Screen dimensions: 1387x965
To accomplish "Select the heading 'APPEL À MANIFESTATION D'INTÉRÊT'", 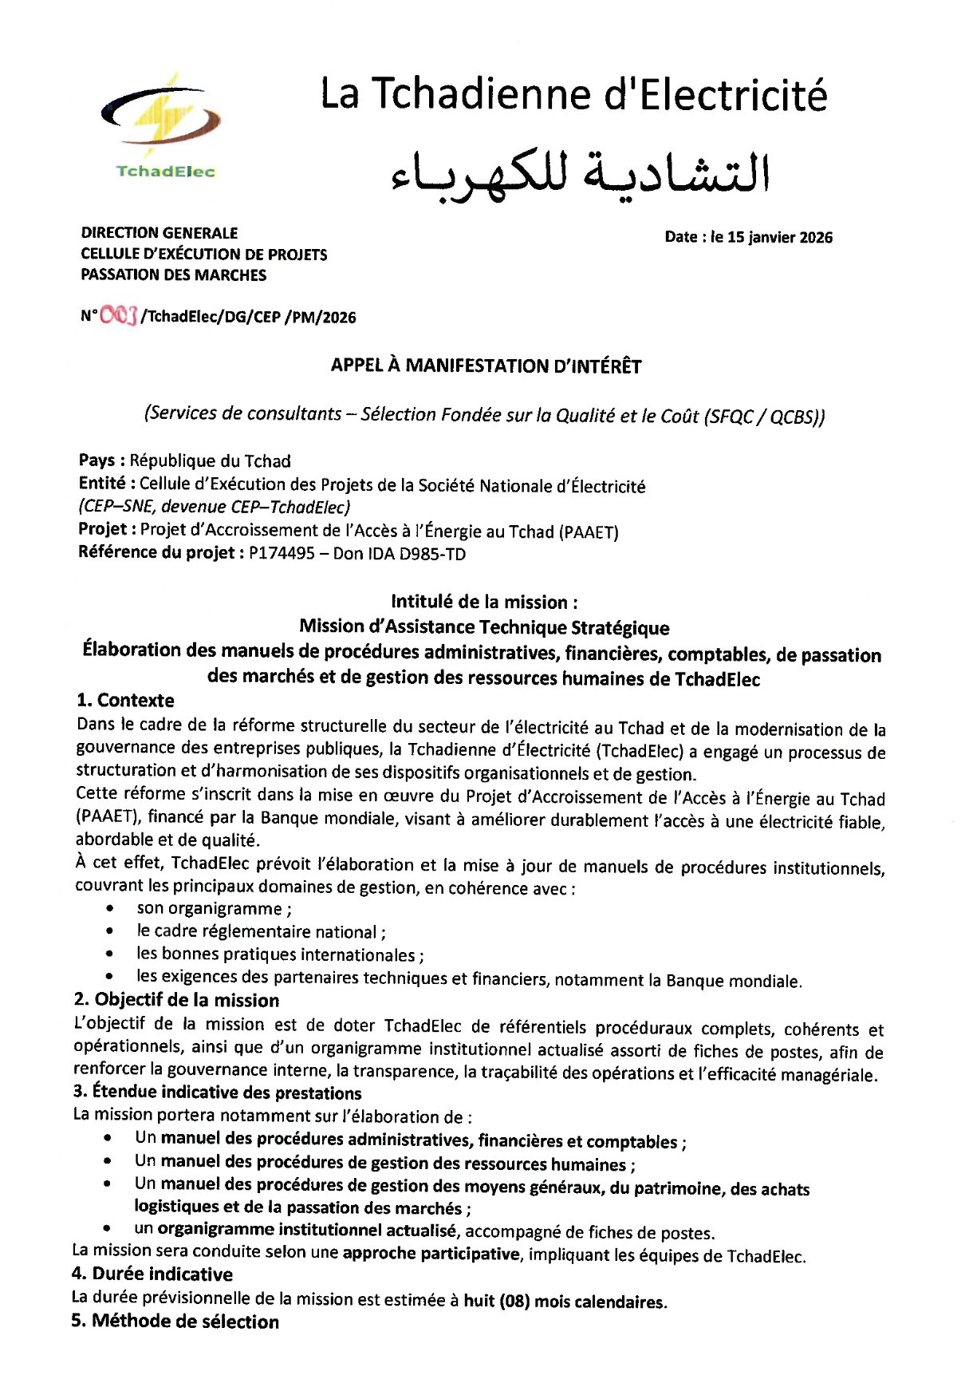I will tap(486, 366).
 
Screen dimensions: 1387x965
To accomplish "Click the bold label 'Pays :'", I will tap(101, 460).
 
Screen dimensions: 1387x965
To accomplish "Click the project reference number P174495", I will tap(282, 553).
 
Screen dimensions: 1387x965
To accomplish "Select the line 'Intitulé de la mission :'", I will tap(484, 602).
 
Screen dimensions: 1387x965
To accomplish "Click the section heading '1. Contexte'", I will tap(125, 700).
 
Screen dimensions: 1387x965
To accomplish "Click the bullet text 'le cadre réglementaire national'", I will tap(261, 931).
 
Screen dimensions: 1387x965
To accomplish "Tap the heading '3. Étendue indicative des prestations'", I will tap(217, 1092).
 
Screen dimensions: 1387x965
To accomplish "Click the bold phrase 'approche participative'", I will tap(431, 1254).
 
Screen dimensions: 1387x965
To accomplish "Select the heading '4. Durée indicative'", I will tap(152, 1274).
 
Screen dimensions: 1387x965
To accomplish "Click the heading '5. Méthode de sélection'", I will tap(175, 1322).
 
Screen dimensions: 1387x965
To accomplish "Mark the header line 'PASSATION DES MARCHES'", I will tap(174, 275).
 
